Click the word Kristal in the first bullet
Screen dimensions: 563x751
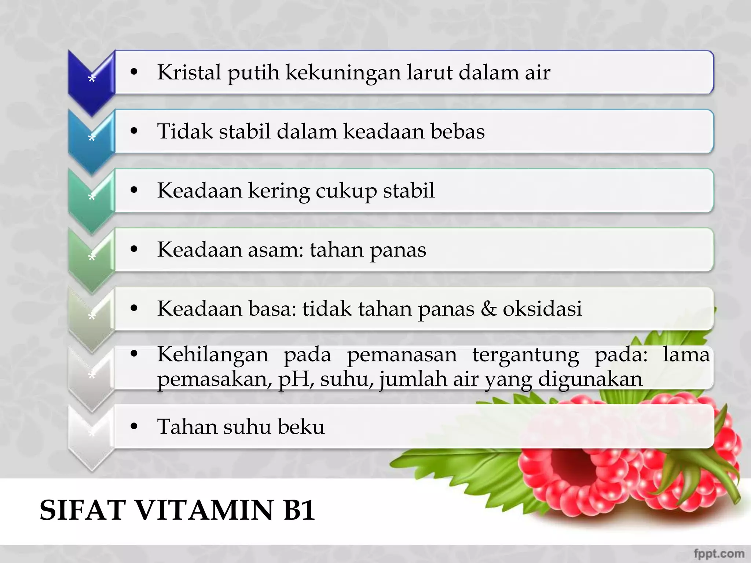(x=189, y=72)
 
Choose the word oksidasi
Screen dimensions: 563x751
(x=542, y=309)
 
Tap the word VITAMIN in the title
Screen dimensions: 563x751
(x=205, y=510)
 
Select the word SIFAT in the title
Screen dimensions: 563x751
(x=83, y=510)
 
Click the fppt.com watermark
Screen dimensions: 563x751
(x=719, y=553)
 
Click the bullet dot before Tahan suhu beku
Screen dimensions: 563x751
(x=134, y=426)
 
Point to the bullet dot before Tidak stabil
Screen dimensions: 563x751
(x=134, y=131)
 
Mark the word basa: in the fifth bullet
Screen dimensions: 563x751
(x=272, y=309)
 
